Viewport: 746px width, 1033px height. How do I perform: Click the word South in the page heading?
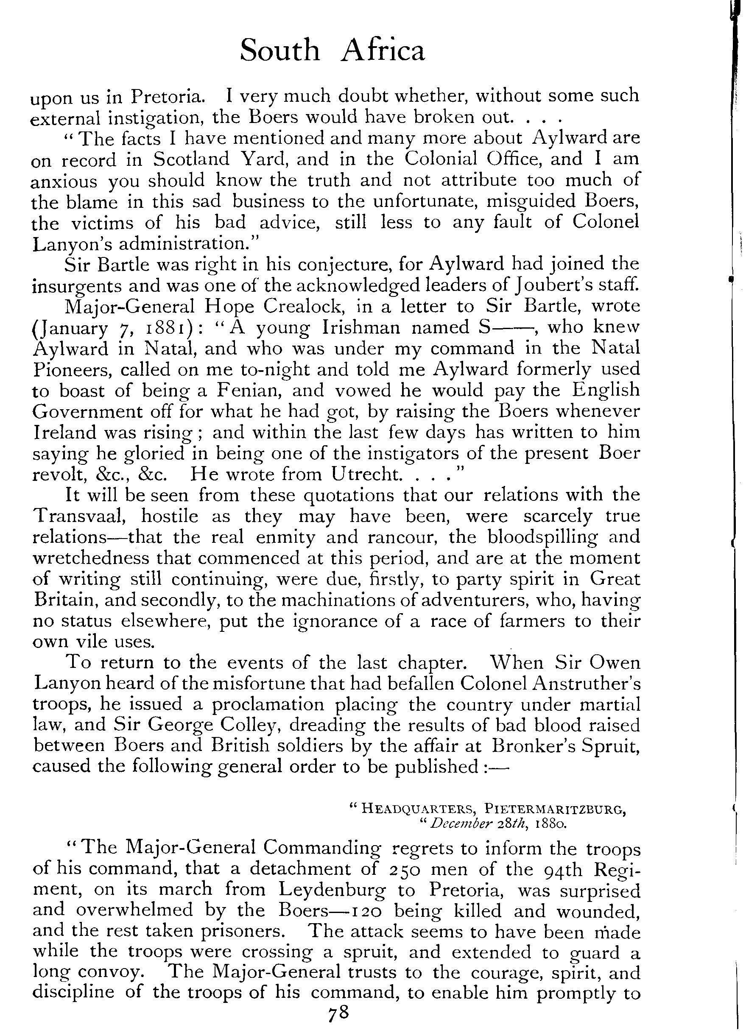(279, 50)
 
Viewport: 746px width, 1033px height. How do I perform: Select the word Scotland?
(192, 159)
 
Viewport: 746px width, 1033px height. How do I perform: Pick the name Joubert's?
(550, 285)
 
